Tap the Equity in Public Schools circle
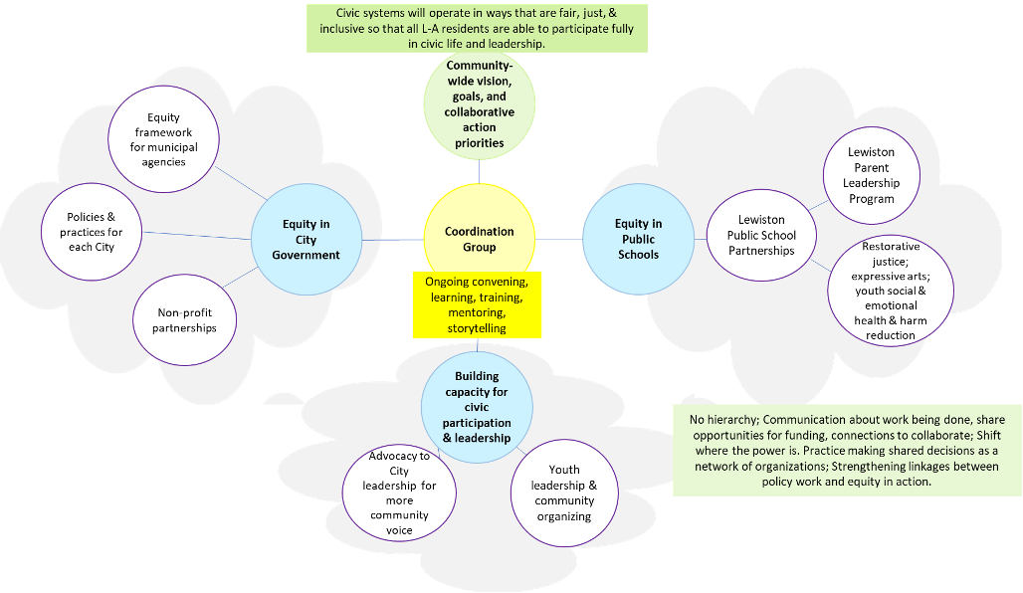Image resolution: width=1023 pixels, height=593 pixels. [638, 239]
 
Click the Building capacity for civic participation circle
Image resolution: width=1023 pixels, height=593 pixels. [477, 407]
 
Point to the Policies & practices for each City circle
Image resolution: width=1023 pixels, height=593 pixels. [92, 232]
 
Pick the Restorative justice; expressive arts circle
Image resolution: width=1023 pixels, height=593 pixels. [890, 290]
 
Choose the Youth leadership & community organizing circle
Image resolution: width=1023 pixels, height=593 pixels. [564, 493]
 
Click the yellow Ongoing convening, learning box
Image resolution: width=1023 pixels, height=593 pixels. [477, 304]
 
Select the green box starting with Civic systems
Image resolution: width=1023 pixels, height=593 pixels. [477, 28]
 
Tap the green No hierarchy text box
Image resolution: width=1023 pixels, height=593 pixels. [846, 449]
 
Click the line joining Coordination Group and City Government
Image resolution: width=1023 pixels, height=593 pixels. [392, 239]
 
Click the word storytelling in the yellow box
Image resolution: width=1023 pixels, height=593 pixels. [477, 327]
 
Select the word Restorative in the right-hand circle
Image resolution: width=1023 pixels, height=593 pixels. [891, 246]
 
